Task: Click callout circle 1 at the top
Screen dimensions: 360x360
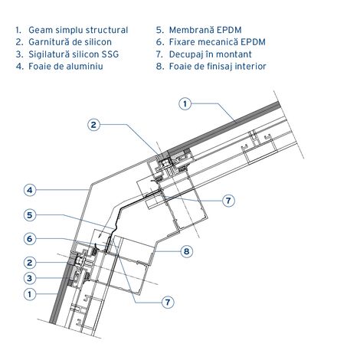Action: tap(185, 103)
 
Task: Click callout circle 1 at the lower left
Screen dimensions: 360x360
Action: tap(30, 294)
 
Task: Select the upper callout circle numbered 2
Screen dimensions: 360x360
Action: tap(93, 125)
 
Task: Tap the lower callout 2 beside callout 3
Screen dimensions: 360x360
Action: tap(30, 263)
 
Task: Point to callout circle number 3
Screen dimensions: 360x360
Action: tap(30, 278)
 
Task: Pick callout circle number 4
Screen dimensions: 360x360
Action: tap(30, 190)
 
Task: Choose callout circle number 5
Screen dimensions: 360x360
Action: tap(30, 215)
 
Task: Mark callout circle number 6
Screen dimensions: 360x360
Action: tap(30, 239)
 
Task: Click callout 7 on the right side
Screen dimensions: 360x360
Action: tap(228, 201)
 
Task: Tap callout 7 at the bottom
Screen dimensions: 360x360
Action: tap(168, 303)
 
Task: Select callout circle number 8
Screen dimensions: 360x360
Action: tap(187, 251)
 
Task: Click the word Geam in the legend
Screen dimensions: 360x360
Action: tap(41, 30)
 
